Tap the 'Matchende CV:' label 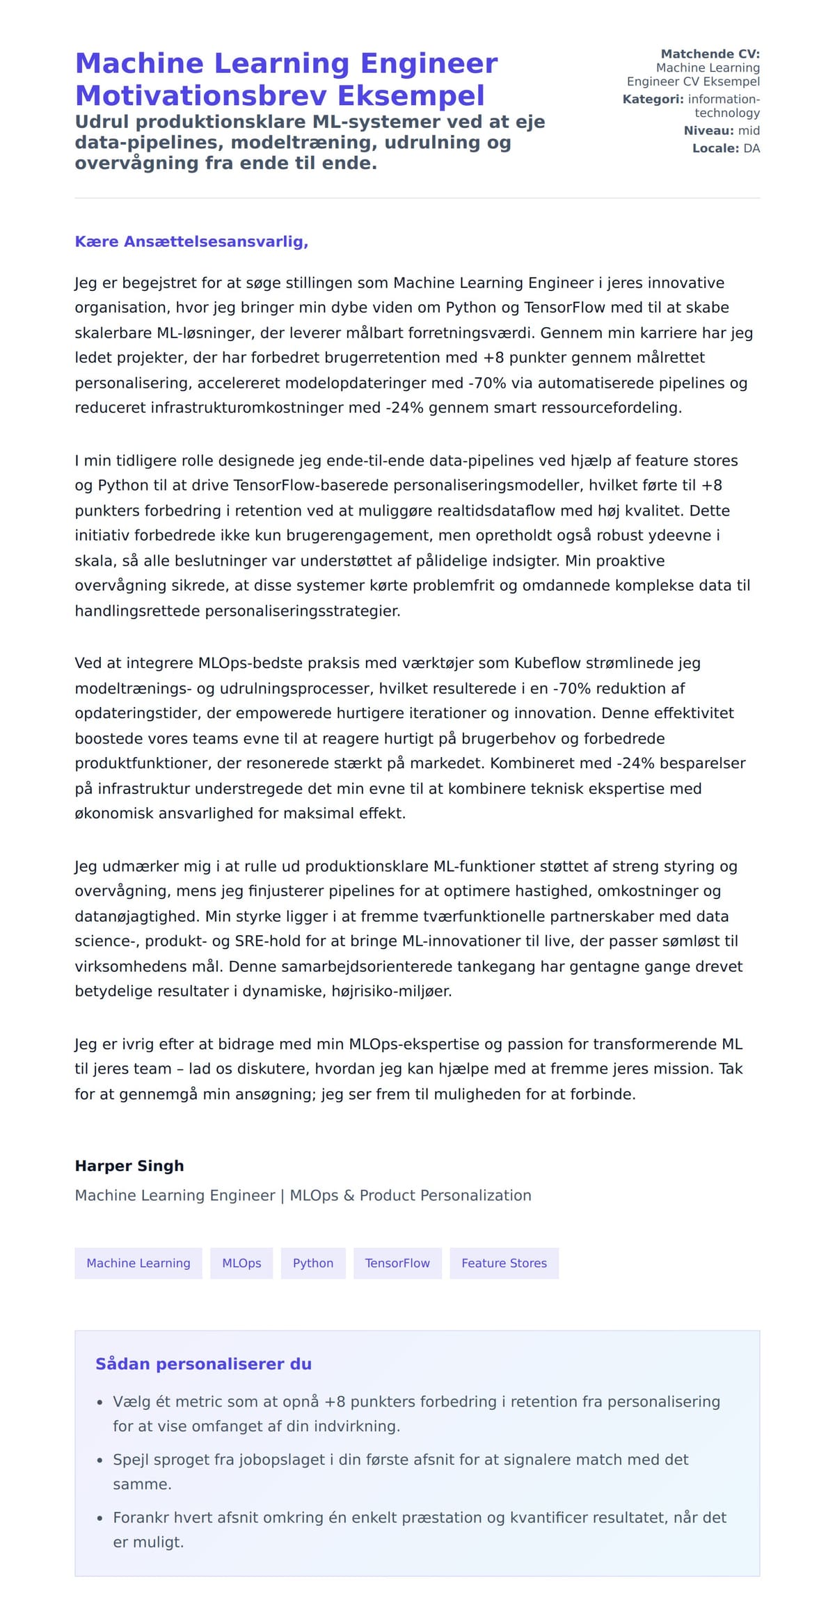tap(710, 54)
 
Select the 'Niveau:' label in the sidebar tap(708, 130)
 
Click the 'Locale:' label tap(715, 148)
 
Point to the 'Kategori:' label tap(653, 99)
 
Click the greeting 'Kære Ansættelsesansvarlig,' tap(191, 241)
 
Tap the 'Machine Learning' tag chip tap(138, 1263)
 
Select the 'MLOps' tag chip tap(241, 1263)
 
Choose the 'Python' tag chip tap(313, 1263)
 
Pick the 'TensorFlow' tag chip tap(397, 1263)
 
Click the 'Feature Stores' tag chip tap(504, 1263)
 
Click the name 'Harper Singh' tap(129, 1165)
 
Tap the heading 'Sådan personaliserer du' tap(203, 1364)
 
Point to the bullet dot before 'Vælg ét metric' tap(100, 1403)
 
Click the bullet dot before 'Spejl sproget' tap(100, 1460)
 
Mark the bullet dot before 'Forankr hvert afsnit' tap(100, 1518)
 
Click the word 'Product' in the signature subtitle tap(386, 1195)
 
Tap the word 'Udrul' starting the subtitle tap(102, 122)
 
